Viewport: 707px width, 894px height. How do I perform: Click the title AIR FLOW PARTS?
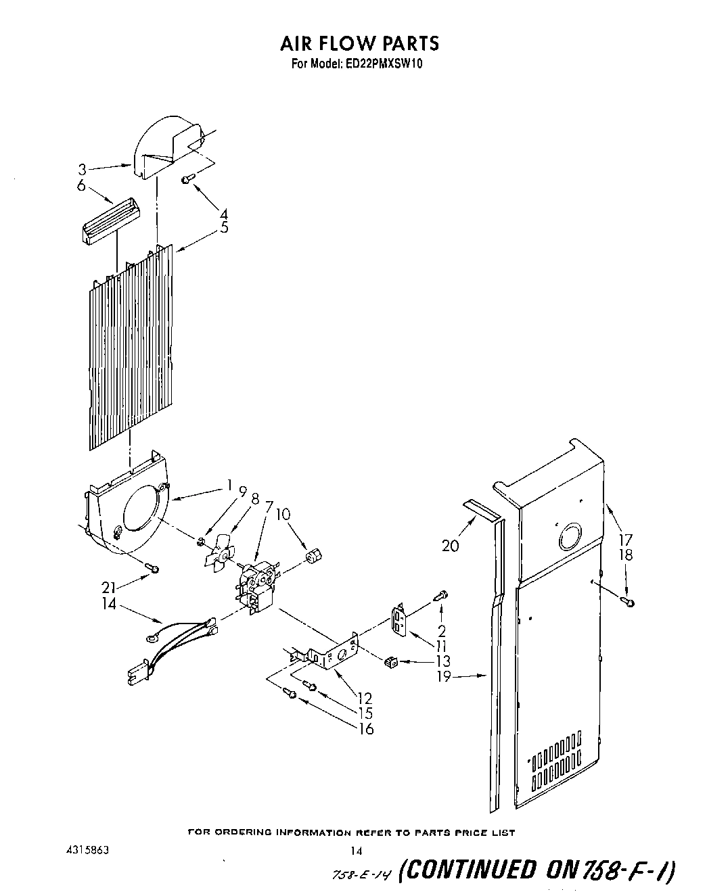359,43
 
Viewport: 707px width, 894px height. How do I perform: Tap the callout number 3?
81,169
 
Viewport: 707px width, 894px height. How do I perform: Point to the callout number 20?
449,545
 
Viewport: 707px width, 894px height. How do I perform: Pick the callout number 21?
108,588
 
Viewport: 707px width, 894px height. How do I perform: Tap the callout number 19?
443,676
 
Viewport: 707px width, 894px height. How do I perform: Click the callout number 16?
365,728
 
